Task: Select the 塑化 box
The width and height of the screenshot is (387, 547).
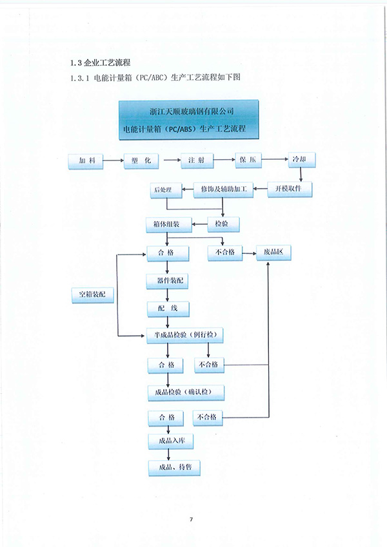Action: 141,161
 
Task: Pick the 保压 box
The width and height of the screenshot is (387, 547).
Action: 248,161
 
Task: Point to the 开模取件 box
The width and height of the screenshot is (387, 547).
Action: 290,189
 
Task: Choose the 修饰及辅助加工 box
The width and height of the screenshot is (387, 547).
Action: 223,189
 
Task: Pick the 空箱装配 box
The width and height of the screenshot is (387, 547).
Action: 92,295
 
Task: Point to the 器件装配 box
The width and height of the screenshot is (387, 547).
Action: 168,282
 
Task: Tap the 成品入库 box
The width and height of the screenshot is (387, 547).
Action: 168,441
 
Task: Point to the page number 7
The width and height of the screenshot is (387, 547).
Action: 192,519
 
